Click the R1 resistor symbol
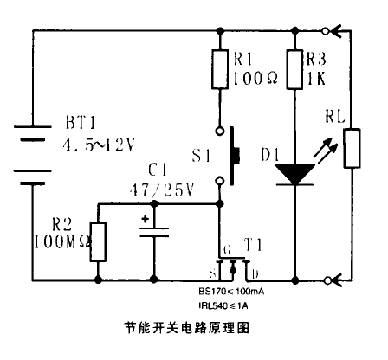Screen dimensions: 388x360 tap(220, 69)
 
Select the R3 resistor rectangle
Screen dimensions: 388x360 tap(294, 69)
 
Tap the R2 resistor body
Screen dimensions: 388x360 tap(98, 241)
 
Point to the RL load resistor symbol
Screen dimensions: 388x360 tap(352, 148)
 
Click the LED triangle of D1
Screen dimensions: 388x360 tap(294, 174)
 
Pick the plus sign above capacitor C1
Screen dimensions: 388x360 tap(145, 219)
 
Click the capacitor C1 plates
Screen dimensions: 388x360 tap(154, 233)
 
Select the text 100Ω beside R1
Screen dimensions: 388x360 tap(255, 78)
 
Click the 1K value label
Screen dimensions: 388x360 tap(316, 78)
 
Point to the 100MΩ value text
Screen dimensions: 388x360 tap(62, 241)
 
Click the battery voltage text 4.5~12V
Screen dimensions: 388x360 tap(99, 145)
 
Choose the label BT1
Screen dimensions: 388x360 tap(81, 122)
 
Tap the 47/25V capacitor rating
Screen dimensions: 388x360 tap(162, 190)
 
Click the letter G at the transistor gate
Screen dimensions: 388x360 tap(227, 249)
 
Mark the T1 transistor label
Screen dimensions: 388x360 tap(253, 245)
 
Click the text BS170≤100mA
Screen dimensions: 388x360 tap(231, 292)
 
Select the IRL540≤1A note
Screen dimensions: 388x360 tap(223, 305)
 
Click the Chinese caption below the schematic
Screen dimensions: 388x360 tap(186, 328)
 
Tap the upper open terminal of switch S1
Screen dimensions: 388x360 tap(220, 132)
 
